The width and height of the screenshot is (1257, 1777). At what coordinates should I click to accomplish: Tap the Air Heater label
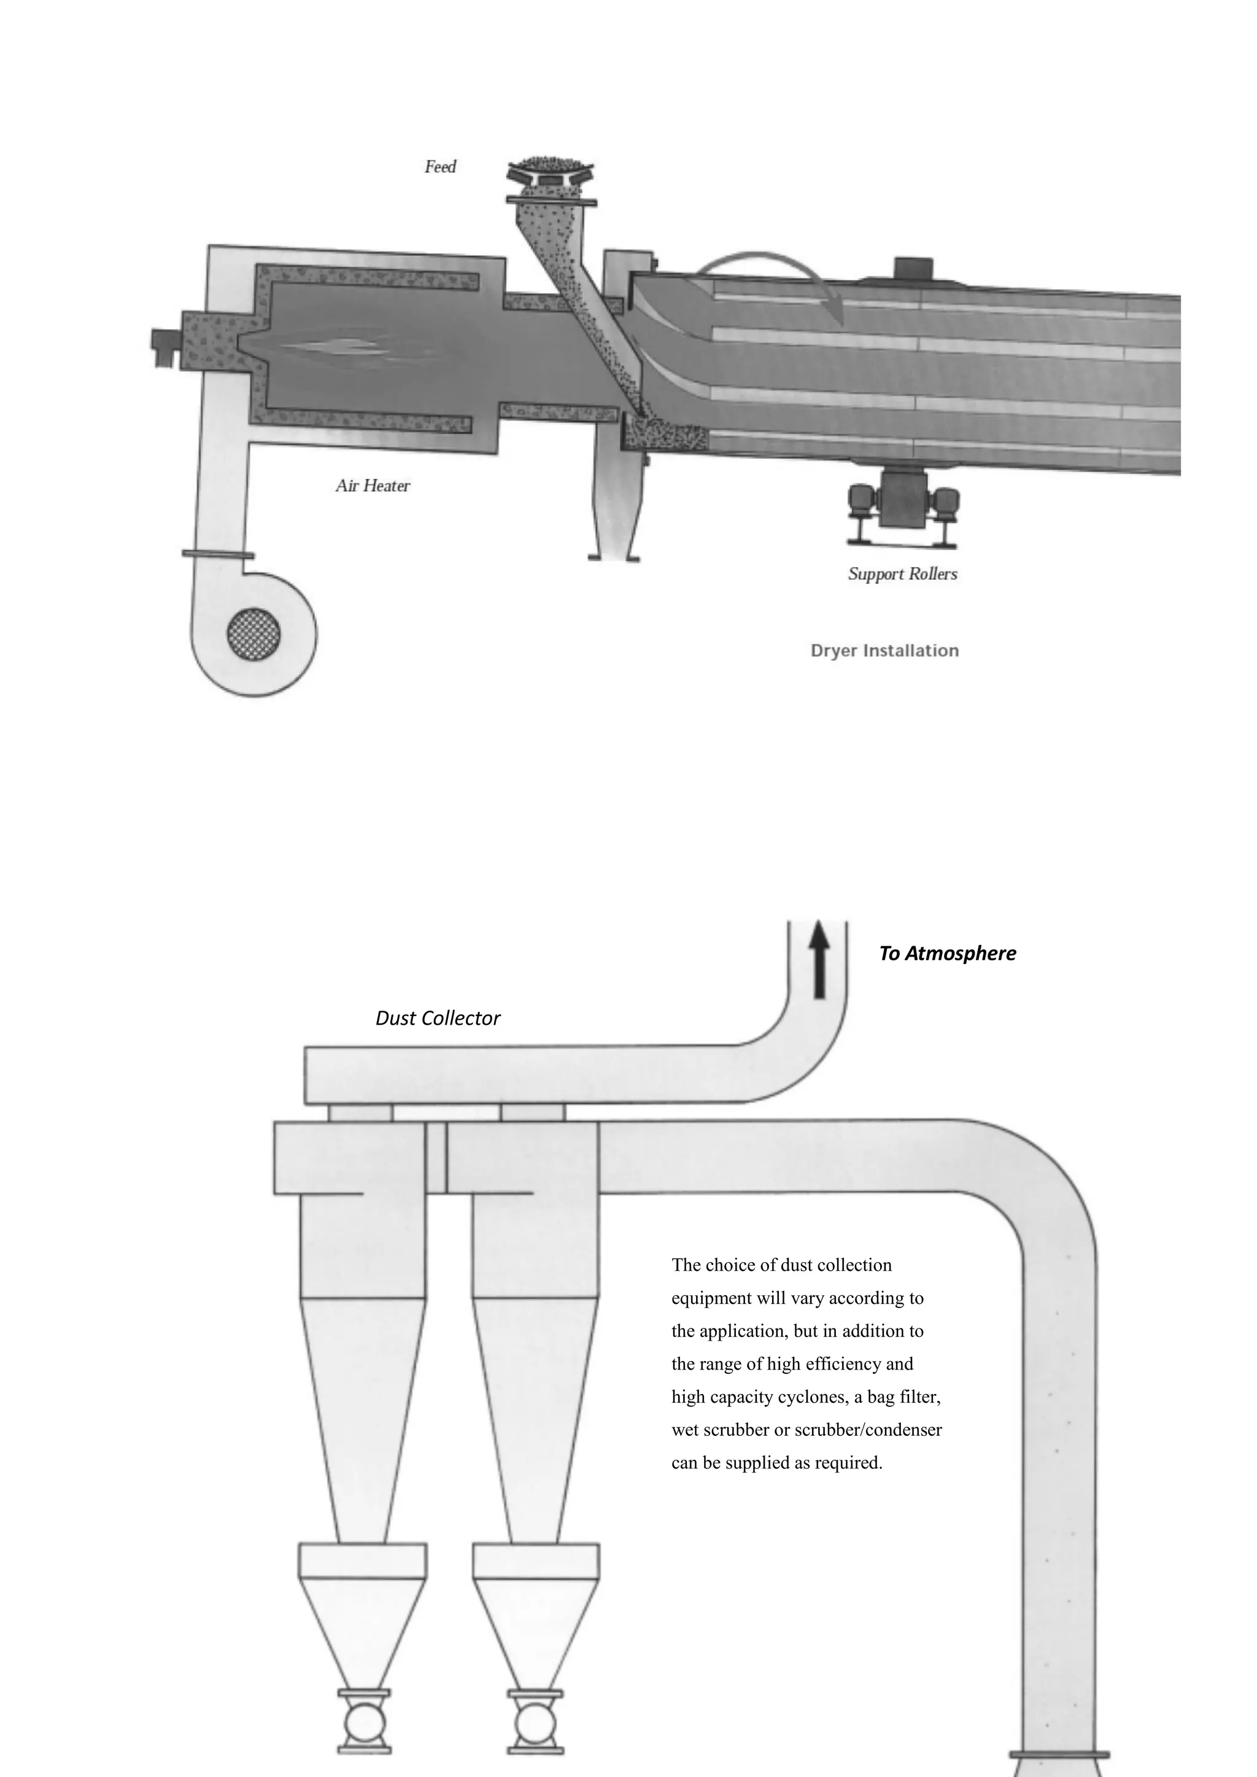tap(373, 486)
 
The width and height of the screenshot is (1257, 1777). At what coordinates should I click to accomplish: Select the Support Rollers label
tap(902, 574)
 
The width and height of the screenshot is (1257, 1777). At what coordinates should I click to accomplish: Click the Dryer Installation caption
tap(884, 650)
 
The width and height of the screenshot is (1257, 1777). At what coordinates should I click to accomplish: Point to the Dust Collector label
tap(438, 1018)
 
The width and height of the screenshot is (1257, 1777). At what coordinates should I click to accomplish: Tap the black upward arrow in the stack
tap(819, 959)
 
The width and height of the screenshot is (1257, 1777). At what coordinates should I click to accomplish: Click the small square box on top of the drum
tap(913, 268)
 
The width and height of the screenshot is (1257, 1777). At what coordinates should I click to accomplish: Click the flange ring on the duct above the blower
tap(217, 554)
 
